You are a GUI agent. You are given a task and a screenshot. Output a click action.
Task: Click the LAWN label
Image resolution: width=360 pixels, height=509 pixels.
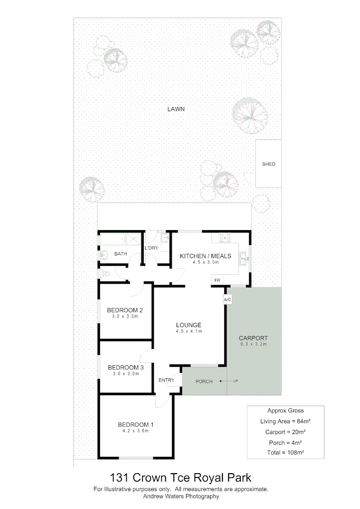(x=176, y=109)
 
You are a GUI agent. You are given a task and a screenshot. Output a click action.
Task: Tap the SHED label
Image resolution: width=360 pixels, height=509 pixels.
(x=269, y=164)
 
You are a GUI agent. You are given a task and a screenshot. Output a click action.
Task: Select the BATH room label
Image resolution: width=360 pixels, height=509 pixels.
(x=121, y=254)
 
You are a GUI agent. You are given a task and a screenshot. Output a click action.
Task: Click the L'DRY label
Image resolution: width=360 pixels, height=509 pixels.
(x=151, y=248)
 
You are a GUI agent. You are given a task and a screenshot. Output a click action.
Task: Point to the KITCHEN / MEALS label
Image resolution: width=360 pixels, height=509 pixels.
(x=205, y=256)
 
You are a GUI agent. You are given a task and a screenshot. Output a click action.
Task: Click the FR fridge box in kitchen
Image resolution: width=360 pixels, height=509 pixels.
(x=217, y=280)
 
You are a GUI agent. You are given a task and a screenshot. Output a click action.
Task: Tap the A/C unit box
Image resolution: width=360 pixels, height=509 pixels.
(x=227, y=299)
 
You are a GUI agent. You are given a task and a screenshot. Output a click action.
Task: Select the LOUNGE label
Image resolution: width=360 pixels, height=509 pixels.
(x=188, y=325)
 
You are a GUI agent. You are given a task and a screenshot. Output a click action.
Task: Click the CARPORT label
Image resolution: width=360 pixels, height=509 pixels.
(x=253, y=338)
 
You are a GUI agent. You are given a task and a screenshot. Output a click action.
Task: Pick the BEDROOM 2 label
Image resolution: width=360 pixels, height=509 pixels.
(x=125, y=310)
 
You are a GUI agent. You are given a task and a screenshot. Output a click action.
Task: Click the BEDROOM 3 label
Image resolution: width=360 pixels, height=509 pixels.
(x=126, y=368)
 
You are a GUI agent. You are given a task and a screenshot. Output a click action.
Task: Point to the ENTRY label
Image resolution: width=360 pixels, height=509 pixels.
(x=166, y=380)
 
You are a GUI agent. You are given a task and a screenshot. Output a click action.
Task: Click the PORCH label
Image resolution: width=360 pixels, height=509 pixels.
(x=204, y=381)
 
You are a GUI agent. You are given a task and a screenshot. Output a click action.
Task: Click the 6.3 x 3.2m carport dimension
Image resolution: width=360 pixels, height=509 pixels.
(x=253, y=345)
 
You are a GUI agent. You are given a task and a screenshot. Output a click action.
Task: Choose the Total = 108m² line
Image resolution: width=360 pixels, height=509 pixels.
(x=286, y=452)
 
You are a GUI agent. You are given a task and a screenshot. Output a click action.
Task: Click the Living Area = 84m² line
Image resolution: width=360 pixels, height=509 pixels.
(x=286, y=421)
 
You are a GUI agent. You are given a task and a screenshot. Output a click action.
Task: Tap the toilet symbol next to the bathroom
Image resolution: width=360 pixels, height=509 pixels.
(x=105, y=273)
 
